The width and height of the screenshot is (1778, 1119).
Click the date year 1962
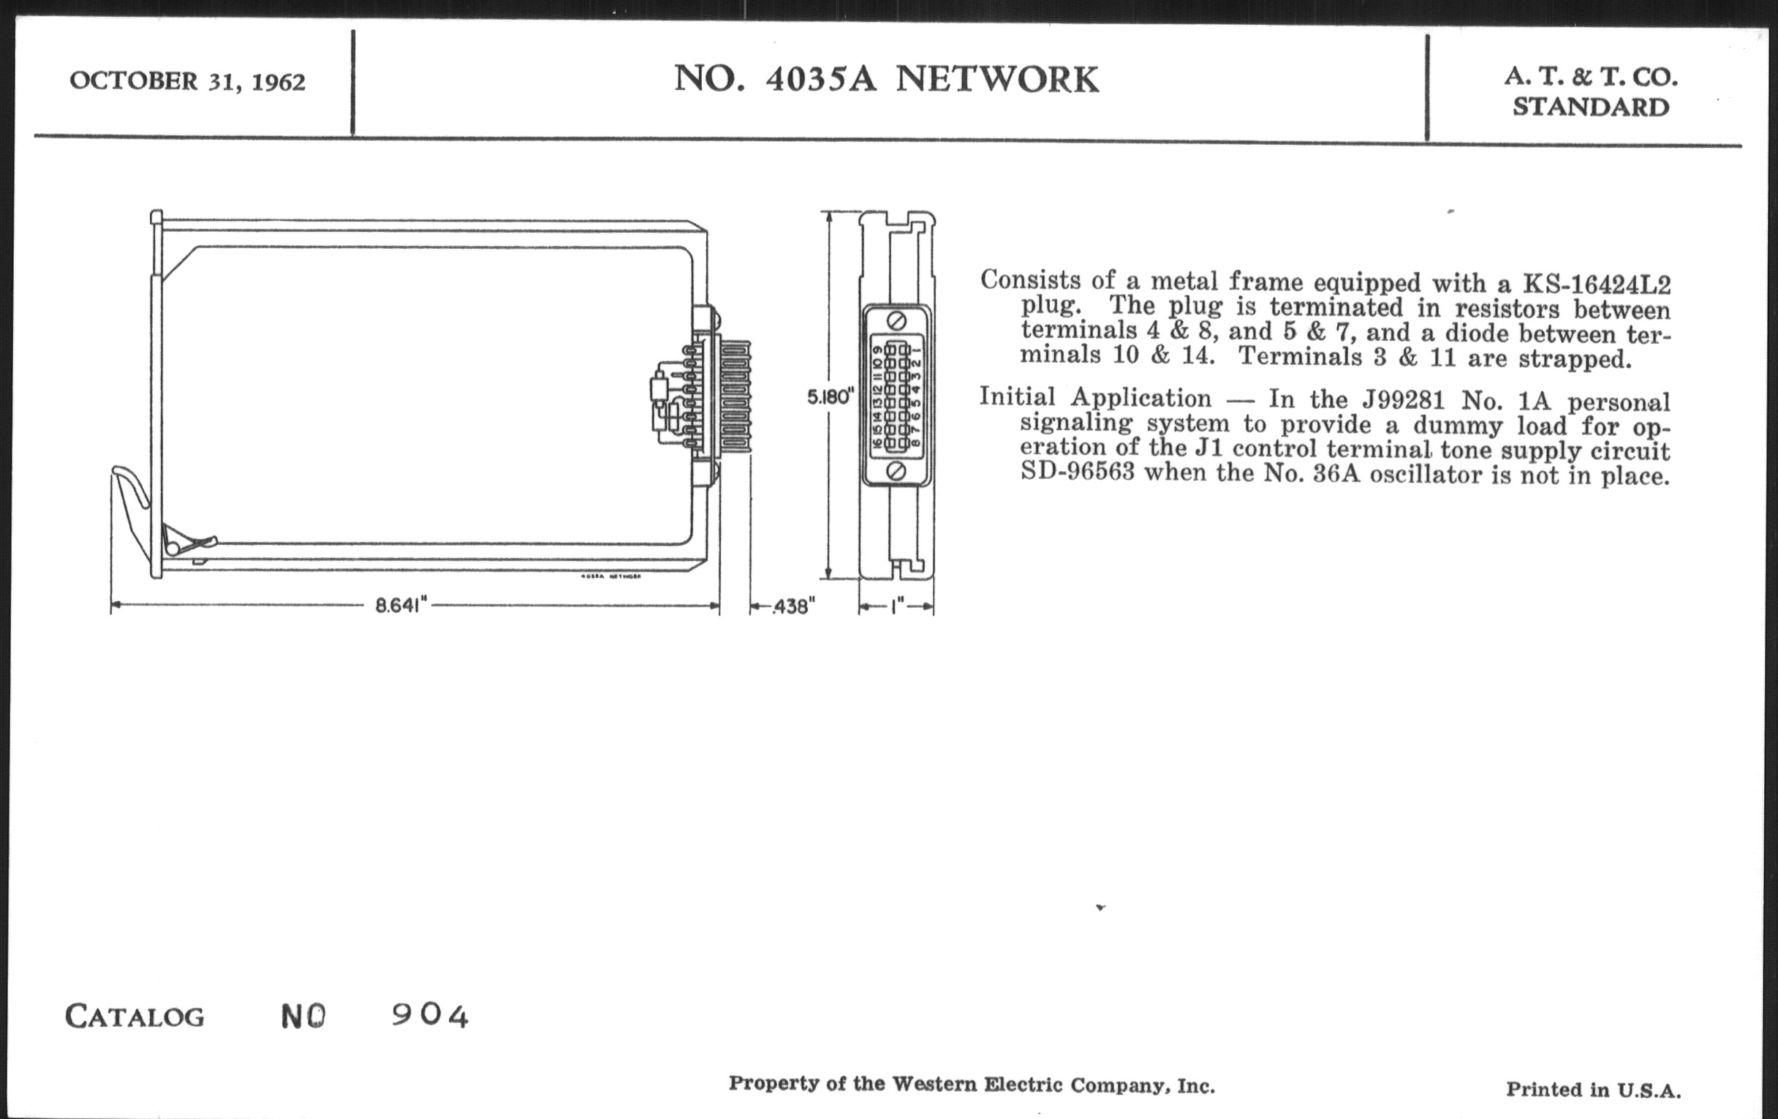tap(279, 81)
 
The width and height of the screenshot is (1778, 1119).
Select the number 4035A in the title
tap(821, 80)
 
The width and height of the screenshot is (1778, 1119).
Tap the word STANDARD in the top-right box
tap(1590, 108)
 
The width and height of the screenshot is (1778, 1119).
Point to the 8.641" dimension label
tap(401, 606)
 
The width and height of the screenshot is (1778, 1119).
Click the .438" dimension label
tap(794, 606)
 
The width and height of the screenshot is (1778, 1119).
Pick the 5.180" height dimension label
tap(830, 397)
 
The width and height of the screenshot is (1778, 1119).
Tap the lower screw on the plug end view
tap(896, 470)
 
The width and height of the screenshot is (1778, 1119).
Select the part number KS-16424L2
tap(1597, 285)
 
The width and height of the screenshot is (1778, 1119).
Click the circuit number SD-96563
tap(1078, 470)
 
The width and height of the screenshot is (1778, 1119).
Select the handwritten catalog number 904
tap(430, 1017)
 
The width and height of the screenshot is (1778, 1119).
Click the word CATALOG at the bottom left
tap(135, 1017)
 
